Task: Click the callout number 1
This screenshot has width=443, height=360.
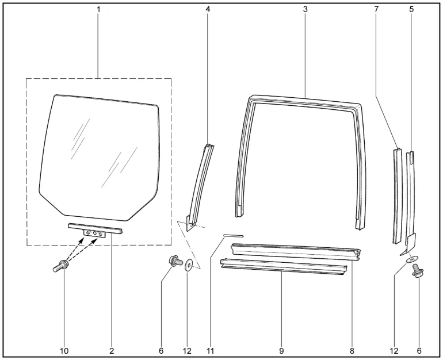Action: pos(98,10)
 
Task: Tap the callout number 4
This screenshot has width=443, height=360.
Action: pos(208,10)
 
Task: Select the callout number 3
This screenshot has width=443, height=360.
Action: pos(305,10)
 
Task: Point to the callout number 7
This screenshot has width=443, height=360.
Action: pos(376,10)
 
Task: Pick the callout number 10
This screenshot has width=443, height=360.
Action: pos(64,351)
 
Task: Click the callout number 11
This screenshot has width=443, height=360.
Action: pos(211,351)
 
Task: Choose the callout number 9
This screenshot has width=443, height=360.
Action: pos(281,351)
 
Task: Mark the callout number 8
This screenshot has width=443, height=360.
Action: pos(352,351)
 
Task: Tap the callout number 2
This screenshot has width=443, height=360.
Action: pos(112,351)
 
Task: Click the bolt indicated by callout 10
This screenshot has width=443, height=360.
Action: pos(61,266)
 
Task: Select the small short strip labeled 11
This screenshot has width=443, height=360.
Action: pos(234,236)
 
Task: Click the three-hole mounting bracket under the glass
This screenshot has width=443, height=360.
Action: pos(94,233)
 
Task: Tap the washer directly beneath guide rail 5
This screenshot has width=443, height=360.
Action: pos(413,259)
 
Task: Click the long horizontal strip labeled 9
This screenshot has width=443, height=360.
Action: pos(284,266)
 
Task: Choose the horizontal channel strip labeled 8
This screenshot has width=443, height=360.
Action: pos(296,251)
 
